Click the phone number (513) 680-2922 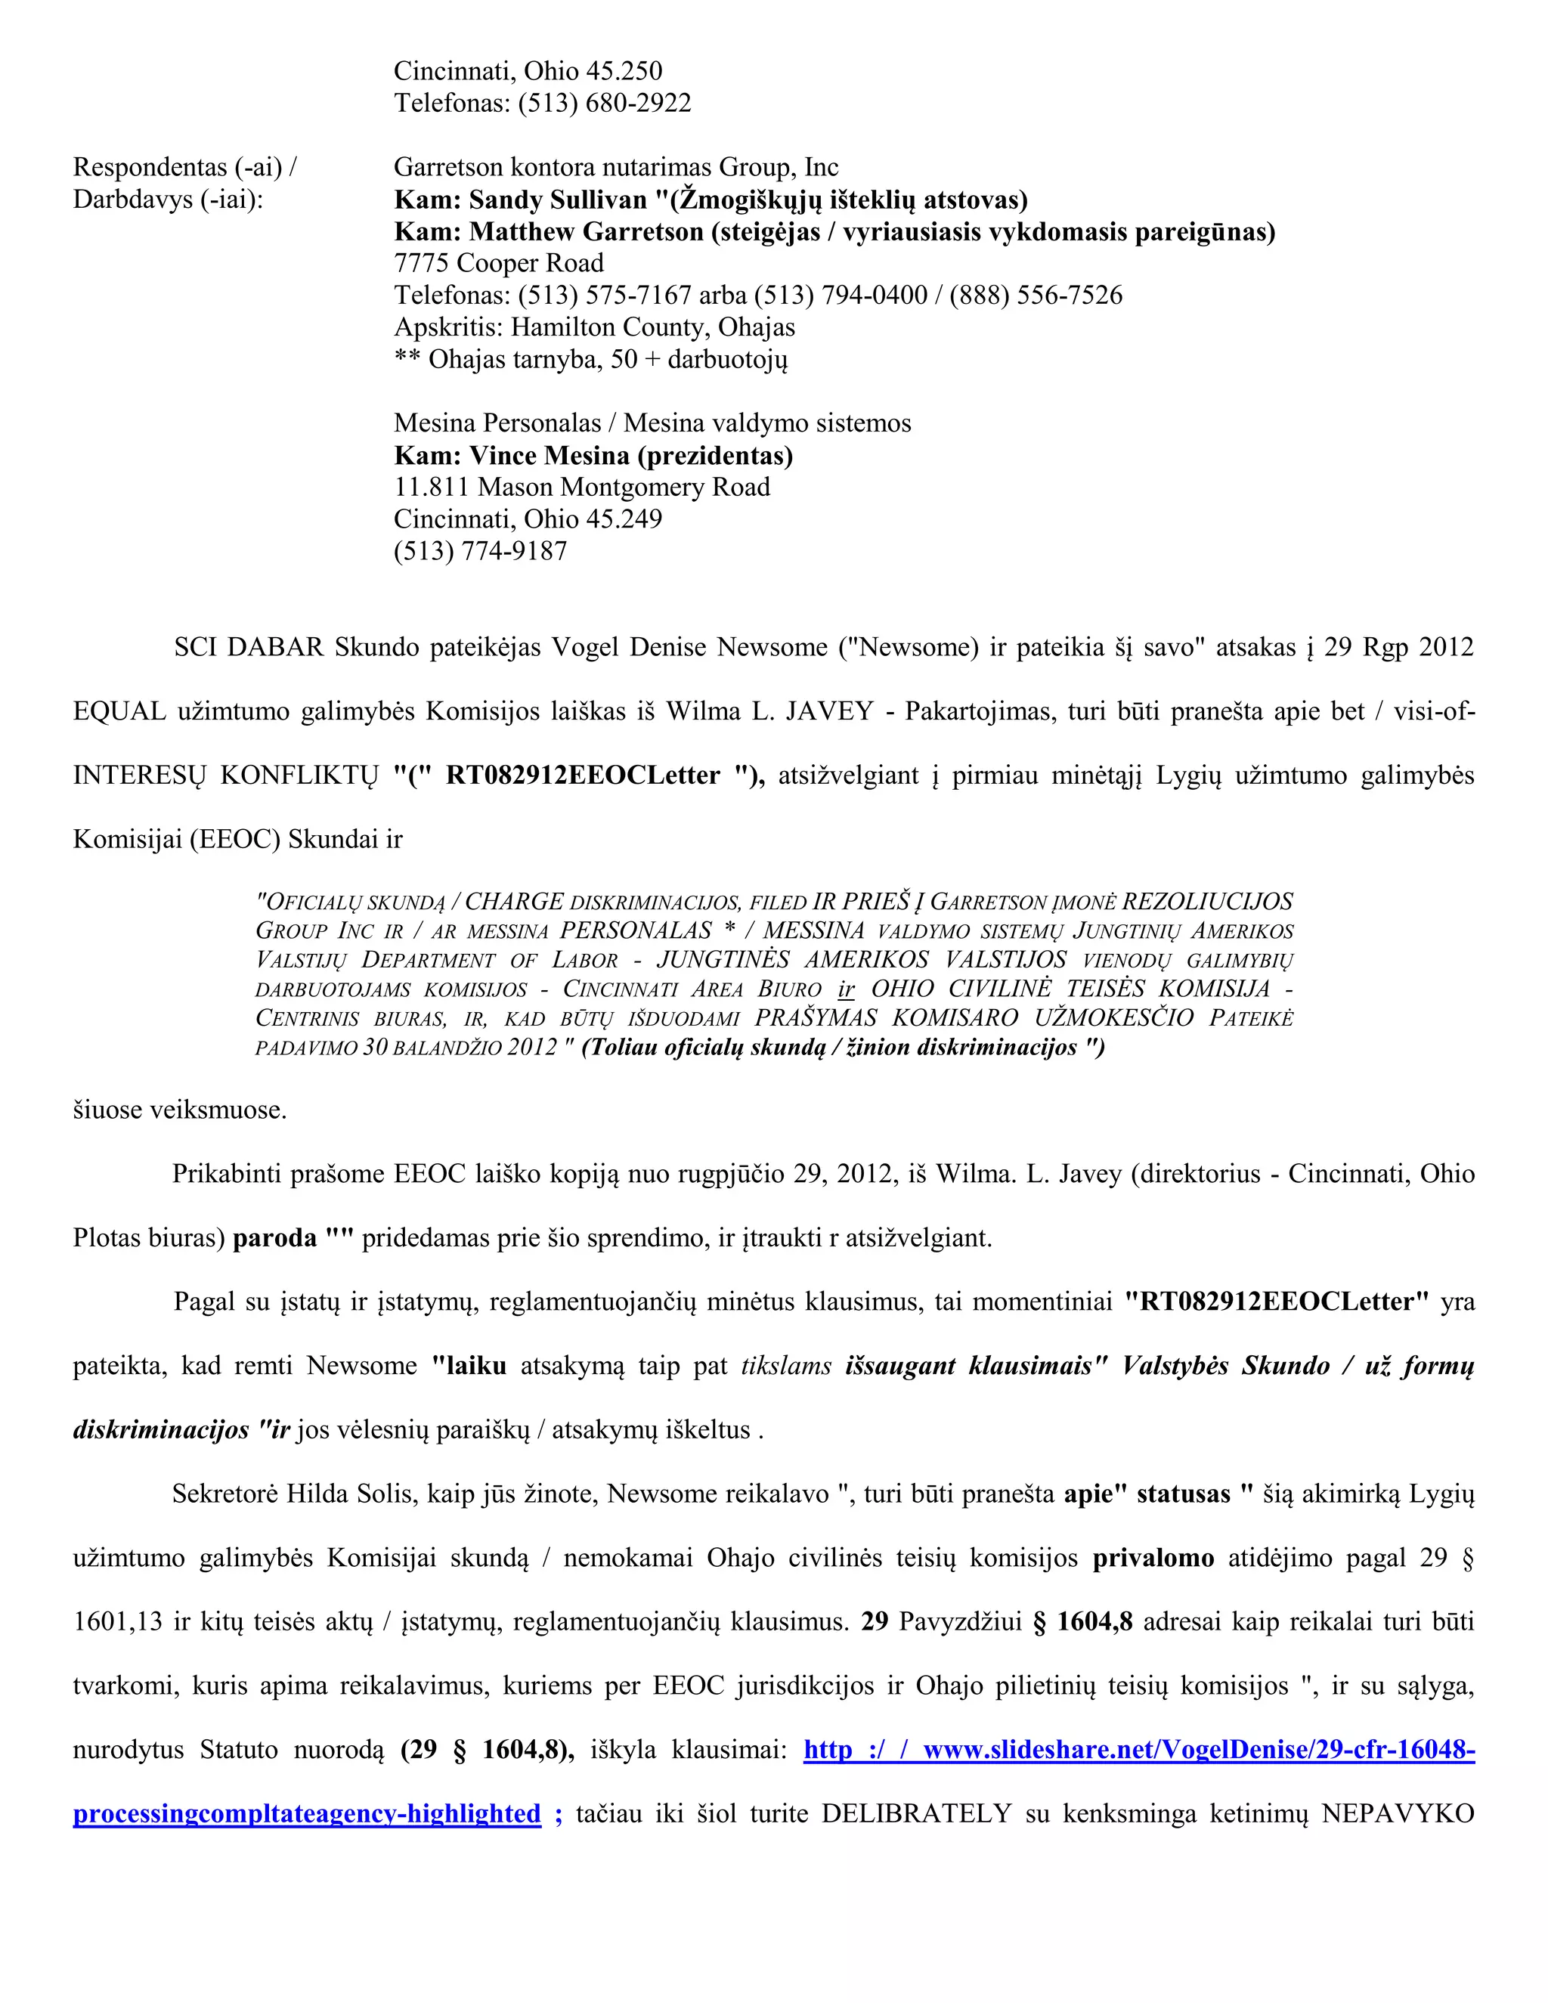605,103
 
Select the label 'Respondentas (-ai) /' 184,167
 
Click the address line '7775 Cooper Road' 498,263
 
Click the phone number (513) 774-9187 481,551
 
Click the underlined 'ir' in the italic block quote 846,989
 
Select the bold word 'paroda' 274,1238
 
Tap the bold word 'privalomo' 1153,1559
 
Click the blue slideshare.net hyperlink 1139,1751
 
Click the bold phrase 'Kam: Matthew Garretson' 549,232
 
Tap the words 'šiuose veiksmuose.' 180,1110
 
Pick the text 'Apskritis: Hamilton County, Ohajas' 594,327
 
